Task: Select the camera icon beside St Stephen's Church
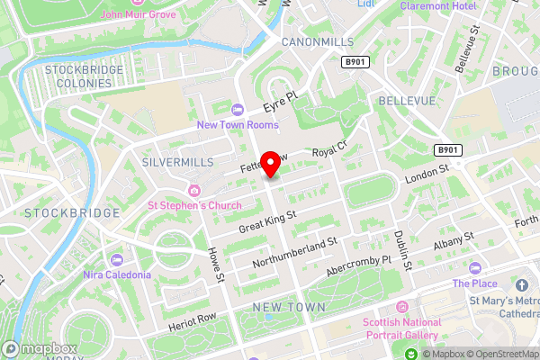coord(194,190)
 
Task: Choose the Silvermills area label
coord(177,161)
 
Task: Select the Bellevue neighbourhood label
coord(407,100)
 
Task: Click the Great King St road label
coord(268,220)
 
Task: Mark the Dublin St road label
coord(402,249)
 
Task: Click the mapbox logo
coord(38,347)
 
